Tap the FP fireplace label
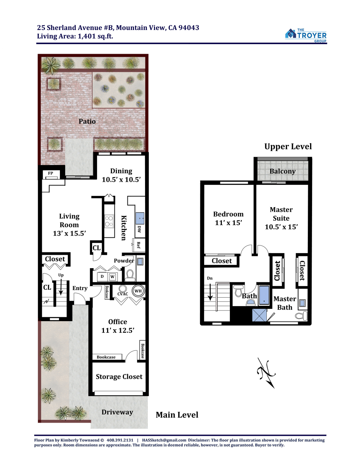point(50,173)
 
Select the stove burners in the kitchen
point(109,221)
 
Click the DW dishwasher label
point(139,229)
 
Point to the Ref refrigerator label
point(139,245)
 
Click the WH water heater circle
point(138,291)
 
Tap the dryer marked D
point(102,277)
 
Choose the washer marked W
point(112,277)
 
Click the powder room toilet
point(129,275)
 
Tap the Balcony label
point(282,171)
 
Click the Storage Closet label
point(119,376)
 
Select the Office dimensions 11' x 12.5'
point(117,330)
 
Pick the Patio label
point(87,121)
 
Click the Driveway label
point(117,412)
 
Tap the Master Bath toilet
point(302,316)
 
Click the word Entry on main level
point(80,288)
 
